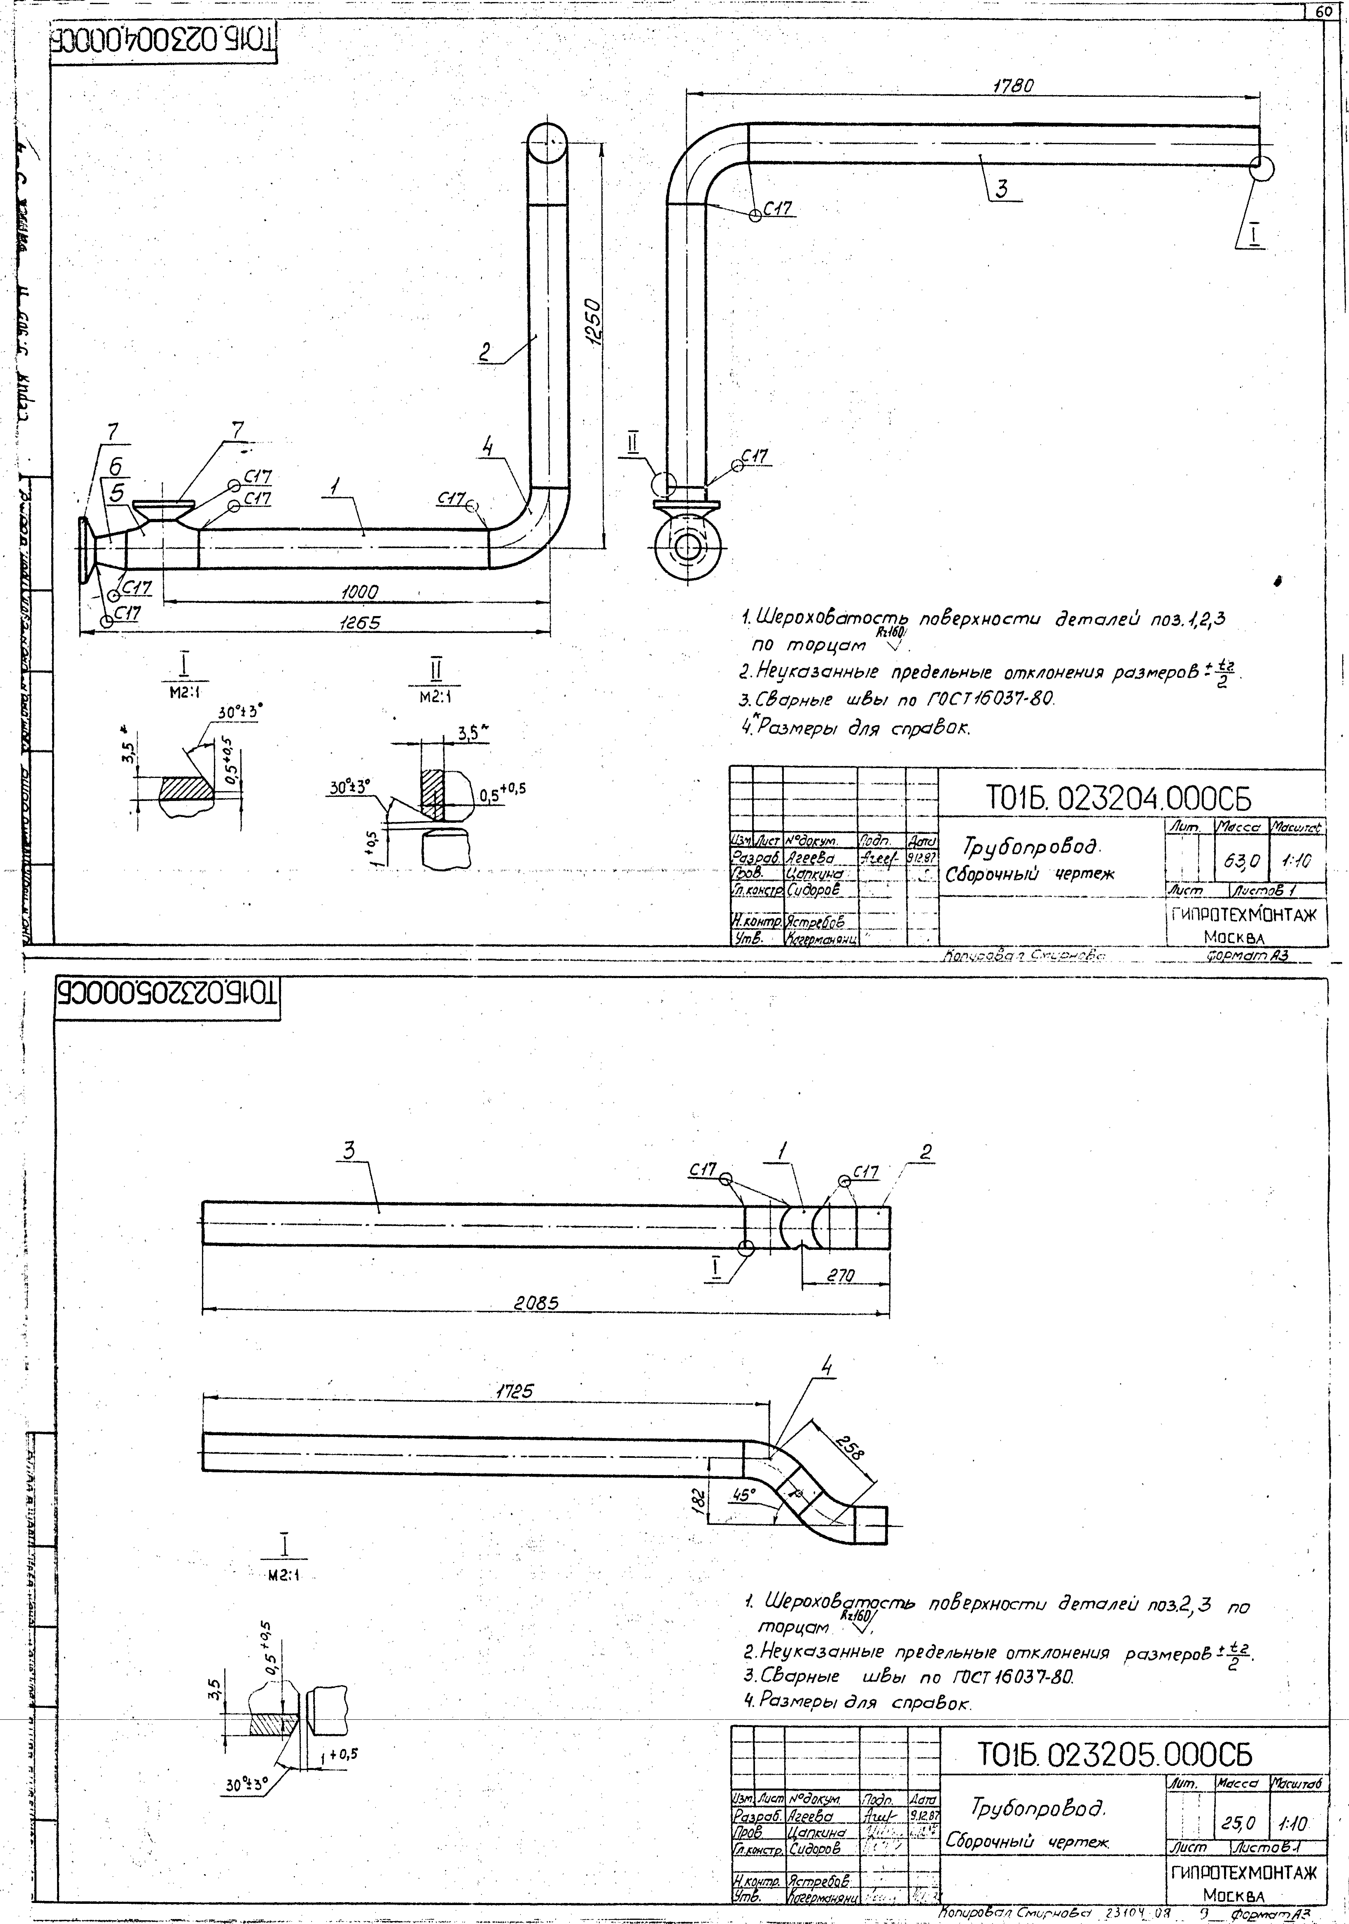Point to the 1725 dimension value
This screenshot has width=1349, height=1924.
(x=510, y=1390)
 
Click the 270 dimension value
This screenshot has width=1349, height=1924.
(x=840, y=1275)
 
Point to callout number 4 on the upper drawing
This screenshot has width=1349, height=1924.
(x=487, y=447)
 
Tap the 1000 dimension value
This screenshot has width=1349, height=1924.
(x=359, y=592)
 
